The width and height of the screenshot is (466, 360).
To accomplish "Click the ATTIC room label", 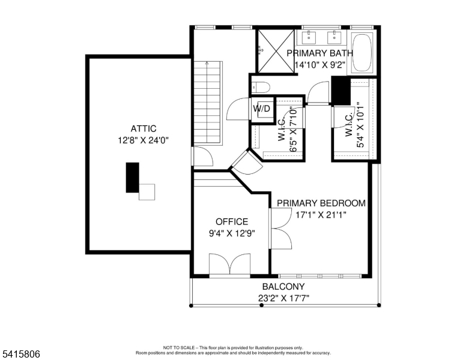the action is pyautogui.click(x=144, y=128).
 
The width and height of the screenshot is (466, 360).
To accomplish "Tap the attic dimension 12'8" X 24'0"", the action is pyautogui.click(x=144, y=140).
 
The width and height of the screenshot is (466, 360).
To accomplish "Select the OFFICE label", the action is pyautogui.click(x=232, y=222).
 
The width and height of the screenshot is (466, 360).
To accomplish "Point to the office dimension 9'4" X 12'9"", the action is pyautogui.click(x=232, y=233).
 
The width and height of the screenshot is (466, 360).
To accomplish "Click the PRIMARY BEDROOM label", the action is pyautogui.click(x=321, y=203).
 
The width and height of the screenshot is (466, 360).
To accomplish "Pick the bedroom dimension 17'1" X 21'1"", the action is pyautogui.click(x=321, y=214).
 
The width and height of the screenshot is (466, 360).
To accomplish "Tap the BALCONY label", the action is pyautogui.click(x=283, y=287).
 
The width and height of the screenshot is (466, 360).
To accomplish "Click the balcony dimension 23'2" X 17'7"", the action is pyautogui.click(x=283, y=298).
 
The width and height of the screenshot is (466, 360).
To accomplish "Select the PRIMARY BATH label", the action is pyautogui.click(x=320, y=53).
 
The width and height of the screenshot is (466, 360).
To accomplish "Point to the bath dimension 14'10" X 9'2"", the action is pyautogui.click(x=321, y=65).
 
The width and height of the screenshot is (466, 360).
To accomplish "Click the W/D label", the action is pyautogui.click(x=262, y=109).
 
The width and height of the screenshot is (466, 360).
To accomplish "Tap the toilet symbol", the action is pyautogui.click(x=261, y=88).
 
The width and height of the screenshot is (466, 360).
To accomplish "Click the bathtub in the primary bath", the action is pyautogui.click(x=362, y=53).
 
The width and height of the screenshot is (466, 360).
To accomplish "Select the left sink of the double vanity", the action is pyautogui.click(x=309, y=37).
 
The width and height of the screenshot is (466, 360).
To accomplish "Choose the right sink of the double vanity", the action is pyautogui.click(x=334, y=37).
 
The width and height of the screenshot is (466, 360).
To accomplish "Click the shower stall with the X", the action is pyautogui.click(x=276, y=51).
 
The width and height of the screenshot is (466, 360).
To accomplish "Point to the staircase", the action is pyautogui.click(x=208, y=103).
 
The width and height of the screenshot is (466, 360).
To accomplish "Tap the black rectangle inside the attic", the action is pyautogui.click(x=133, y=178).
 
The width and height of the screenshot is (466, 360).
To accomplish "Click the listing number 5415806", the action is pyautogui.click(x=22, y=354).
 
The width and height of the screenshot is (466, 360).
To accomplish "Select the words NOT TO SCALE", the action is pyautogui.click(x=179, y=347).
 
